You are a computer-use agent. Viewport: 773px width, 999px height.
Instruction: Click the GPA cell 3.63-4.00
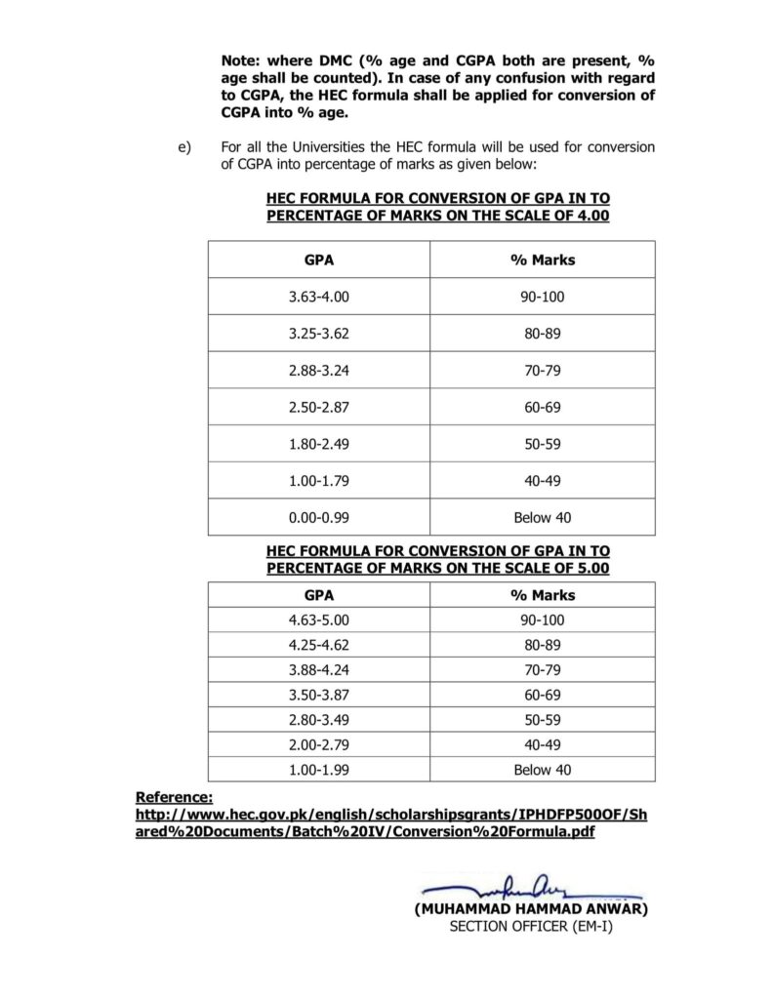pyautogui.click(x=318, y=297)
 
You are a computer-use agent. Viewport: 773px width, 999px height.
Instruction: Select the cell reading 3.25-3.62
pyautogui.click(x=318, y=334)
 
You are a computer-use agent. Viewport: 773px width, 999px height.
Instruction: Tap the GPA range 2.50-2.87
pyautogui.click(x=318, y=407)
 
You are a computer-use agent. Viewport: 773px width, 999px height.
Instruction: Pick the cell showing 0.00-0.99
pyautogui.click(x=318, y=517)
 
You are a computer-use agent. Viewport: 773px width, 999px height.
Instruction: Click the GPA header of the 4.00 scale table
pyautogui.click(x=318, y=260)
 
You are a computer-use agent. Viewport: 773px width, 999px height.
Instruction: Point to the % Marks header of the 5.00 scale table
pyautogui.click(x=543, y=595)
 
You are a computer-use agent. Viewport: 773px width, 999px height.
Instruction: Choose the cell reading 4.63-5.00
pyautogui.click(x=318, y=619)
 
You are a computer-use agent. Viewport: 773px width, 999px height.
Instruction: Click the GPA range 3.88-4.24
pyautogui.click(x=318, y=669)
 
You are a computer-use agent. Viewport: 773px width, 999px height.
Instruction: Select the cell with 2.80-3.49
pyautogui.click(x=318, y=719)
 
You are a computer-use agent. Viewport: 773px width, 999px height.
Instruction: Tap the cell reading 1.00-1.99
pyautogui.click(x=318, y=770)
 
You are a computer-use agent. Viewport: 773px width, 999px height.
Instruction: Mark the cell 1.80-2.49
pyautogui.click(x=318, y=444)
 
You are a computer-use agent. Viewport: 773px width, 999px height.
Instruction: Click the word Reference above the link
pyautogui.click(x=173, y=797)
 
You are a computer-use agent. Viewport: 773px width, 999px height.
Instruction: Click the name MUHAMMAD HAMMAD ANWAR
pyautogui.click(x=531, y=908)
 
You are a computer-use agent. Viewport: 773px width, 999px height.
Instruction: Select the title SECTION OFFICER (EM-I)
pyautogui.click(x=531, y=926)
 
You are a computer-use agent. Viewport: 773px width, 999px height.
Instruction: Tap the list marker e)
pyautogui.click(x=182, y=147)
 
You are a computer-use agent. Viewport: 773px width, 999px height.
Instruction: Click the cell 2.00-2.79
pyautogui.click(x=318, y=744)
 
